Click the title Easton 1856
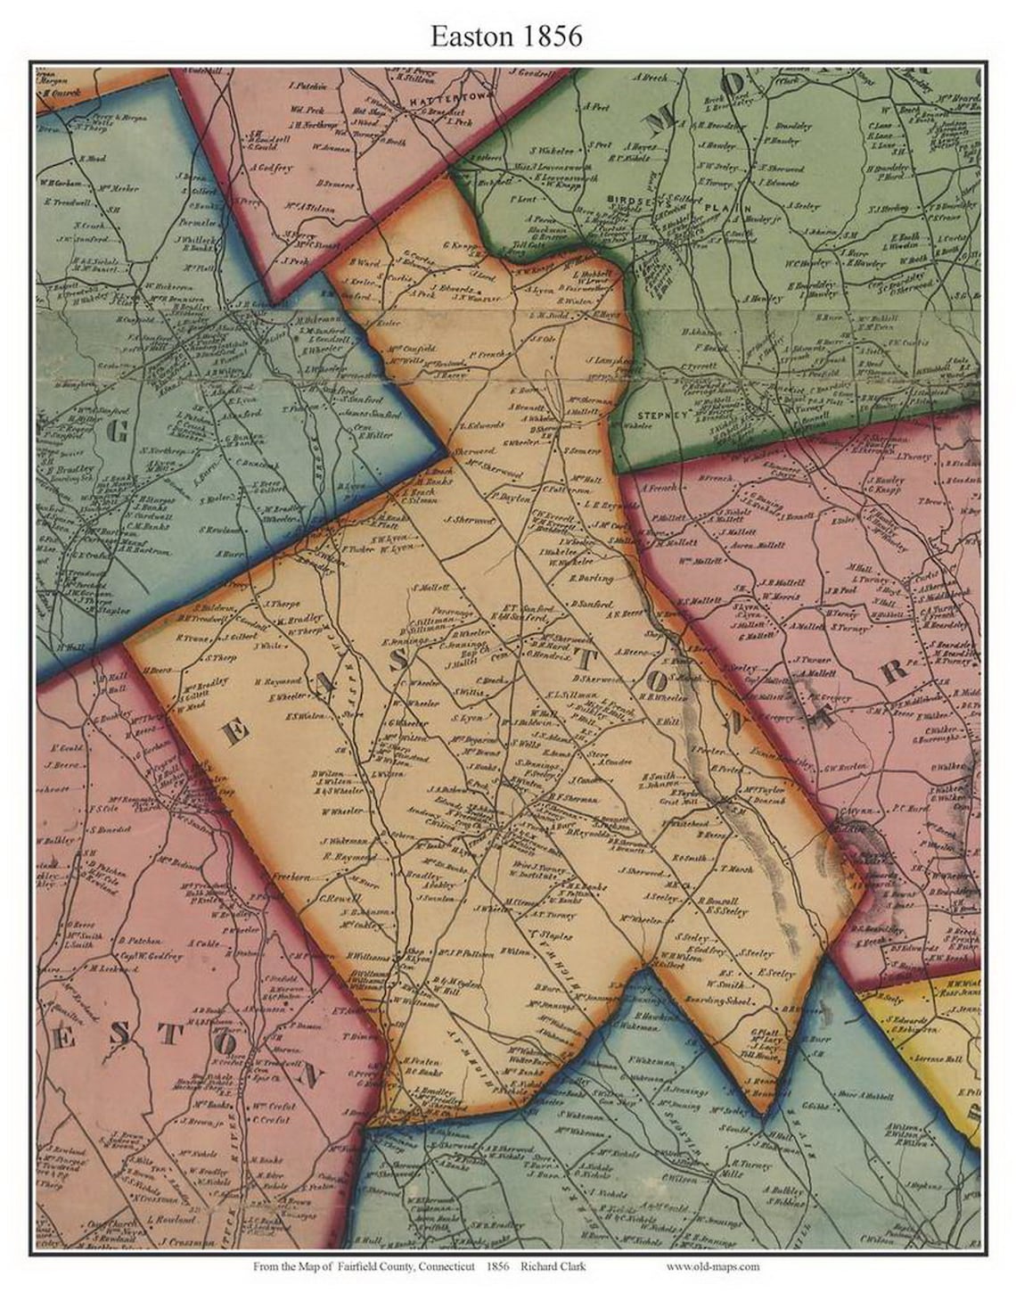pos(506,35)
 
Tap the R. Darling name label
pos(591,579)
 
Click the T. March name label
pos(737,869)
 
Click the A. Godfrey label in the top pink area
pos(271,168)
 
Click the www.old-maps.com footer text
pos(712,1266)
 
